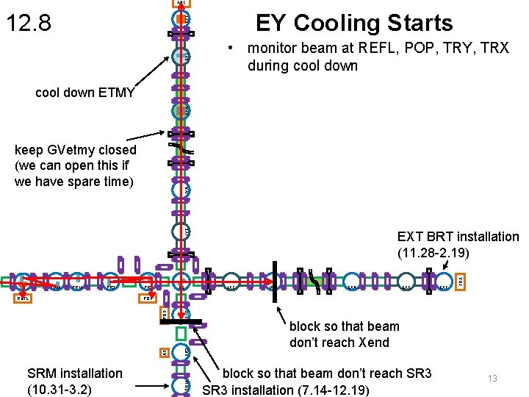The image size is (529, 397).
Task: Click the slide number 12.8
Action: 29,24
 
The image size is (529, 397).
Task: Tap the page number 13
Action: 492,378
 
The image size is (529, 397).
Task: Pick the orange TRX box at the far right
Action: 460,281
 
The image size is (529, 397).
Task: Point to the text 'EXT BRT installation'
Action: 458,237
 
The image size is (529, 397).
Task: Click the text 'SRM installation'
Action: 74,373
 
